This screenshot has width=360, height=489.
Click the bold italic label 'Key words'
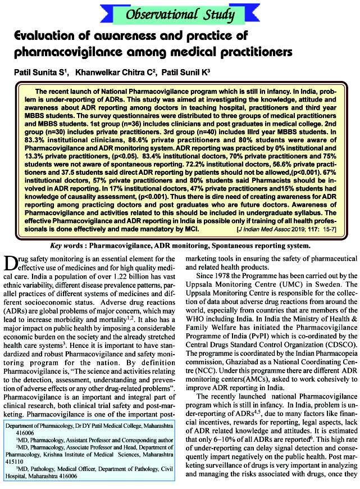click(x=67, y=246)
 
